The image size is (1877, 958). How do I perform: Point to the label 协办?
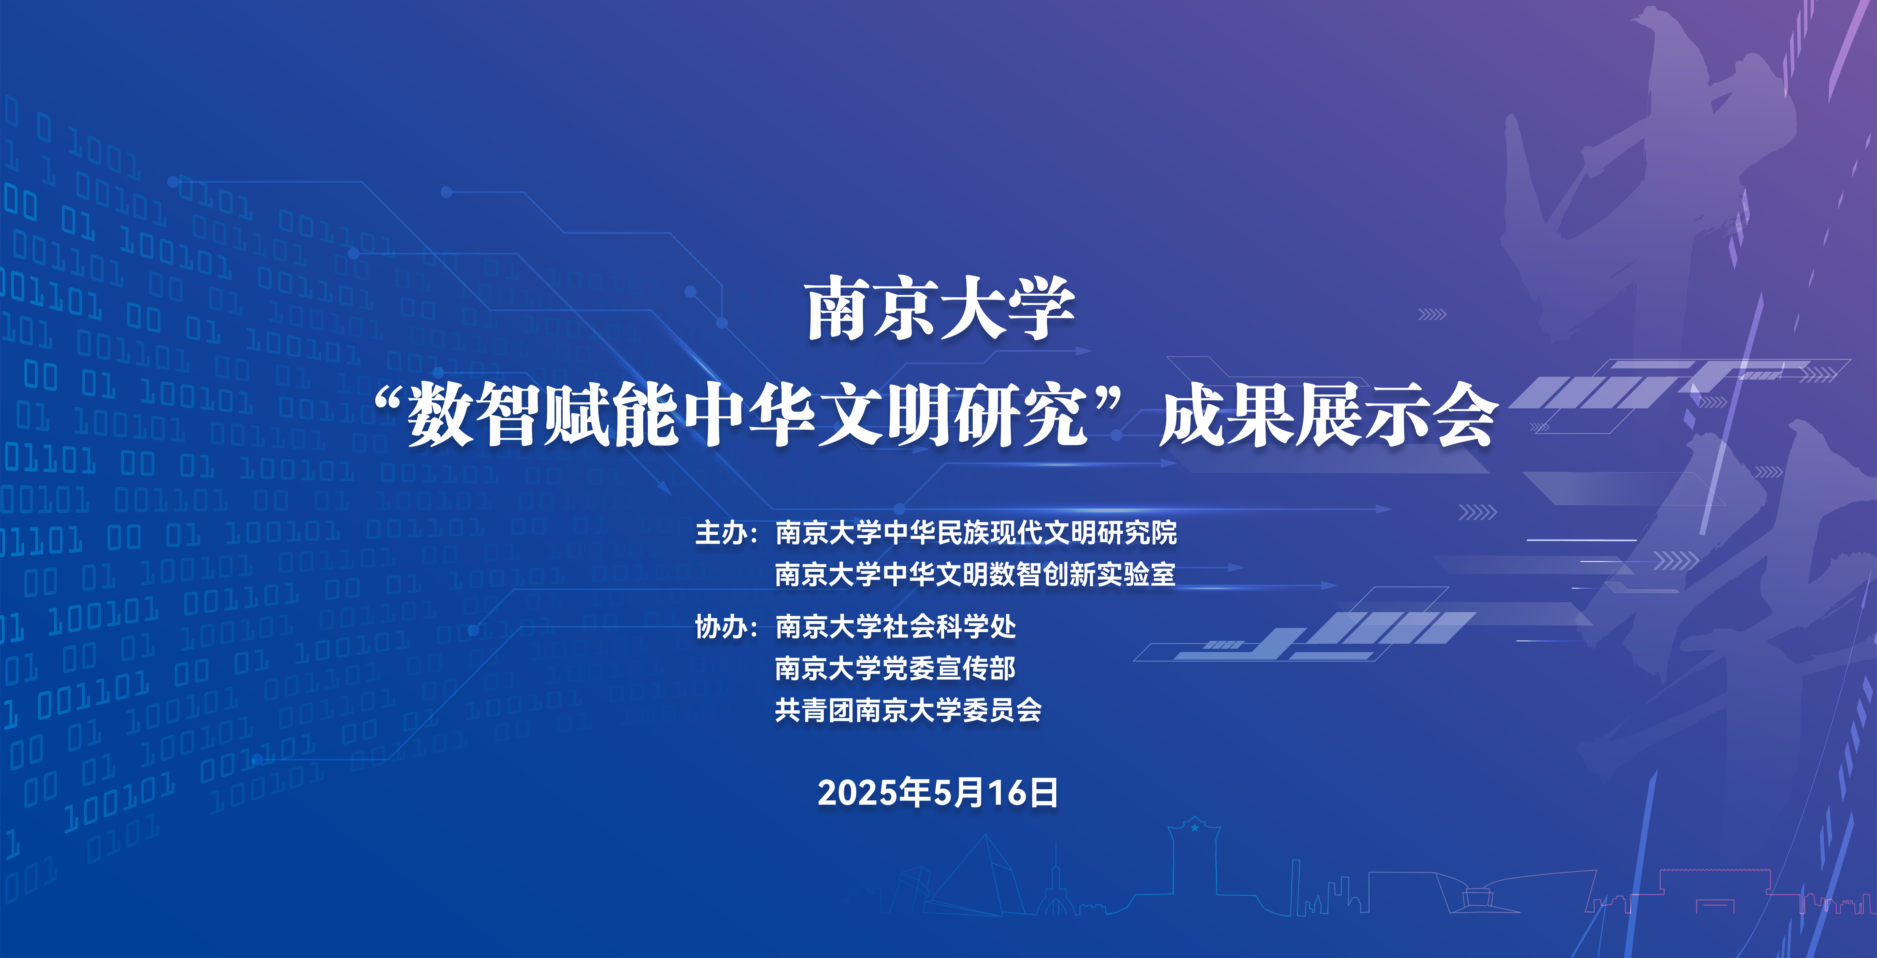[x=721, y=626]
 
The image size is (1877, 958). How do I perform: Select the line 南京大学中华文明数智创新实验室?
[x=975, y=575]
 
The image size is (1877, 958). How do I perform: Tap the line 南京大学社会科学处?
[x=896, y=626]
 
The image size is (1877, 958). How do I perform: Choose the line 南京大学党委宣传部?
[x=896, y=668]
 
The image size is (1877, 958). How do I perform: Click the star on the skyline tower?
[x=1194, y=828]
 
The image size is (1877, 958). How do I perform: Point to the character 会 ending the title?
[x=1465, y=415]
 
